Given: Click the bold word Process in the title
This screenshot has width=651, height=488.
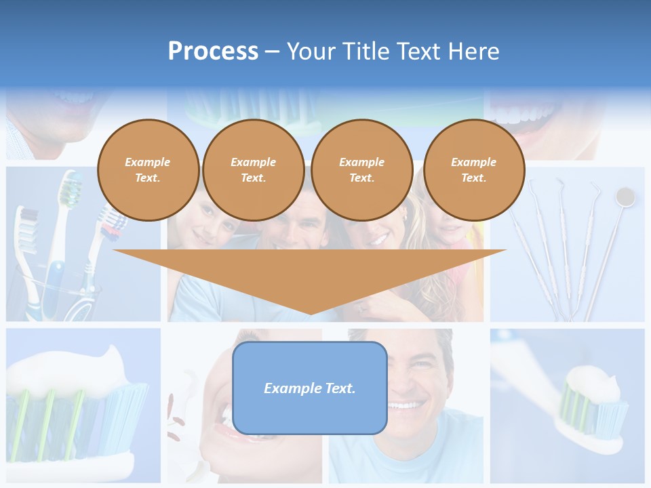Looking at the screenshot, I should (213, 52).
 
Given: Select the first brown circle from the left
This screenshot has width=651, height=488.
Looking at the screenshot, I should (148, 170).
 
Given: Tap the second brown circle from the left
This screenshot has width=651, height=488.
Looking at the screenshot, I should (253, 170).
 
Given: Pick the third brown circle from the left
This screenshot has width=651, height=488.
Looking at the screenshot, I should (361, 170).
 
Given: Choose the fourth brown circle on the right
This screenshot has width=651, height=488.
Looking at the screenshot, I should (473, 170).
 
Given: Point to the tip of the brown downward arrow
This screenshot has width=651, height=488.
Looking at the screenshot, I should (310, 312).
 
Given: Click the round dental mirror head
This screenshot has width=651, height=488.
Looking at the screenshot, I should (625, 197).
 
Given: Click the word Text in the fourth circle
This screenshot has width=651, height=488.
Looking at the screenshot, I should (473, 178).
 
